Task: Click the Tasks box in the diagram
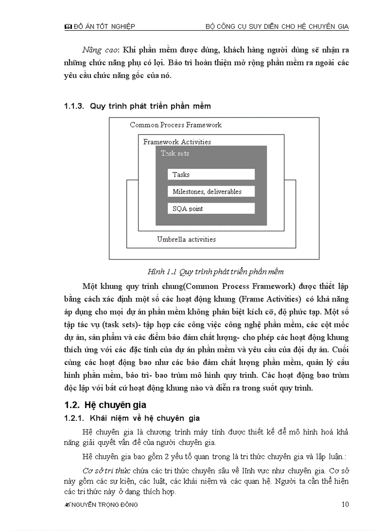pos(211,174)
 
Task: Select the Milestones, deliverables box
pos(211,192)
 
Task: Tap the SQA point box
pos(211,209)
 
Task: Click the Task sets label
pos(175,153)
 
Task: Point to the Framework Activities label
pos(177,142)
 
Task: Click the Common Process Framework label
pos(175,125)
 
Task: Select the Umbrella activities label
pos(186,239)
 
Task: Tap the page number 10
pos(345,504)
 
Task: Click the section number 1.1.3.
pos(74,106)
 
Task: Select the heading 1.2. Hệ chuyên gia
pos(105,405)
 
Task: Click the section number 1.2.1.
pos(74,418)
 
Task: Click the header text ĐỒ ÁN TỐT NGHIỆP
pos(105,27)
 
